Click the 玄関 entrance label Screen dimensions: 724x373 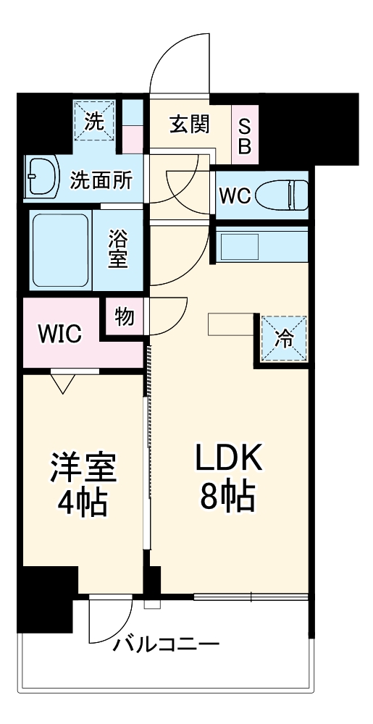190,125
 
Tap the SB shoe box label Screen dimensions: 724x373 244,135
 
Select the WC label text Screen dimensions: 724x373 235,195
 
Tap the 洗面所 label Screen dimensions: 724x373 101,180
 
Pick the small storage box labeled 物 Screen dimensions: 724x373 124,317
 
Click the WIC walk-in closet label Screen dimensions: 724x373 59,334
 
